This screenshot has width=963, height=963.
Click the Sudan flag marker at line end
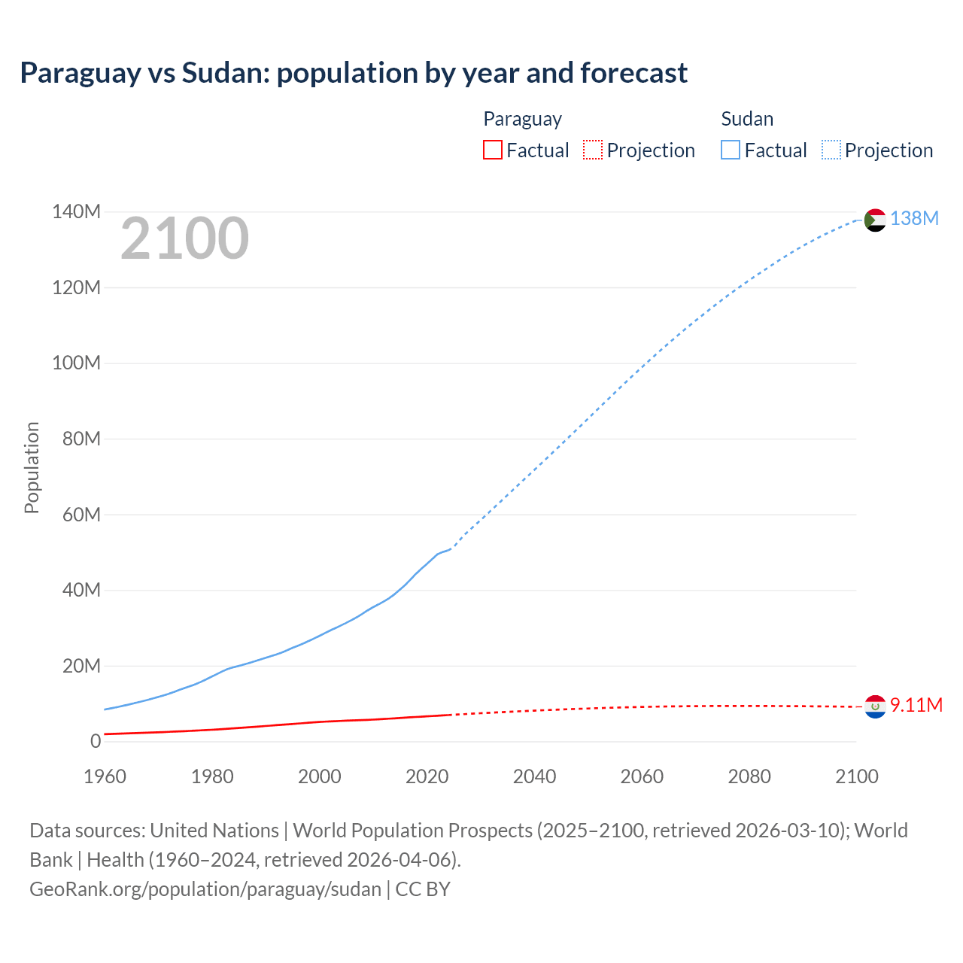(875, 220)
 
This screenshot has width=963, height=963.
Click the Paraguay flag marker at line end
(875, 706)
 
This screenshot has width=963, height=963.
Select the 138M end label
(914, 218)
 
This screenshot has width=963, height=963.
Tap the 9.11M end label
(916, 705)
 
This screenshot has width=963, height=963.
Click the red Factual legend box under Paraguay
(492, 150)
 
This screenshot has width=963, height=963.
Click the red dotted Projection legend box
(593, 150)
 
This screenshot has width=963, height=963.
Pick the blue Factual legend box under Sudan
(731, 150)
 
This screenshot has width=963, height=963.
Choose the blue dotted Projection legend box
(831, 150)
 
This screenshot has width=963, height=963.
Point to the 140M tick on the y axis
(76, 212)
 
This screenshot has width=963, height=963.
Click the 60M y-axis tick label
(81, 515)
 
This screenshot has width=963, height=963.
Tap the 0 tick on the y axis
(95, 741)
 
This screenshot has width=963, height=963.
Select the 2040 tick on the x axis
(534, 776)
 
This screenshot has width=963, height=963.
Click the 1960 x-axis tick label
(105, 776)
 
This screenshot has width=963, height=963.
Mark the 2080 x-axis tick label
(749, 776)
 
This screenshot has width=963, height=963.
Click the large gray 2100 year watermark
(184, 238)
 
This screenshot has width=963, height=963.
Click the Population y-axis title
(32, 467)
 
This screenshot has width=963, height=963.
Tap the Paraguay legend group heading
(522, 119)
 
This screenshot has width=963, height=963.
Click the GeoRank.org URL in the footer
(205, 889)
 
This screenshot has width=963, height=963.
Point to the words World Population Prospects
(412, 830)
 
